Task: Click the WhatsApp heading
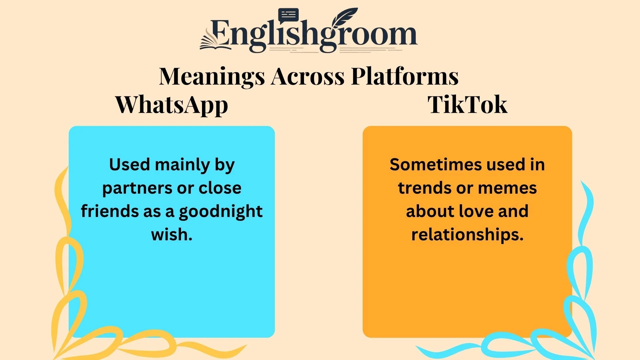coord(171,105)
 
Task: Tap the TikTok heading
coord(467,105)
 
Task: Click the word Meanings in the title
coord(212,77)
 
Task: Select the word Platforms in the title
coord(405,77)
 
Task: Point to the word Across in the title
coord(308,77)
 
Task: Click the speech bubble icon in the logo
coord(288,15)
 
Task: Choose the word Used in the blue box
coord(129,165)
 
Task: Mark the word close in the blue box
coord(220,188)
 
